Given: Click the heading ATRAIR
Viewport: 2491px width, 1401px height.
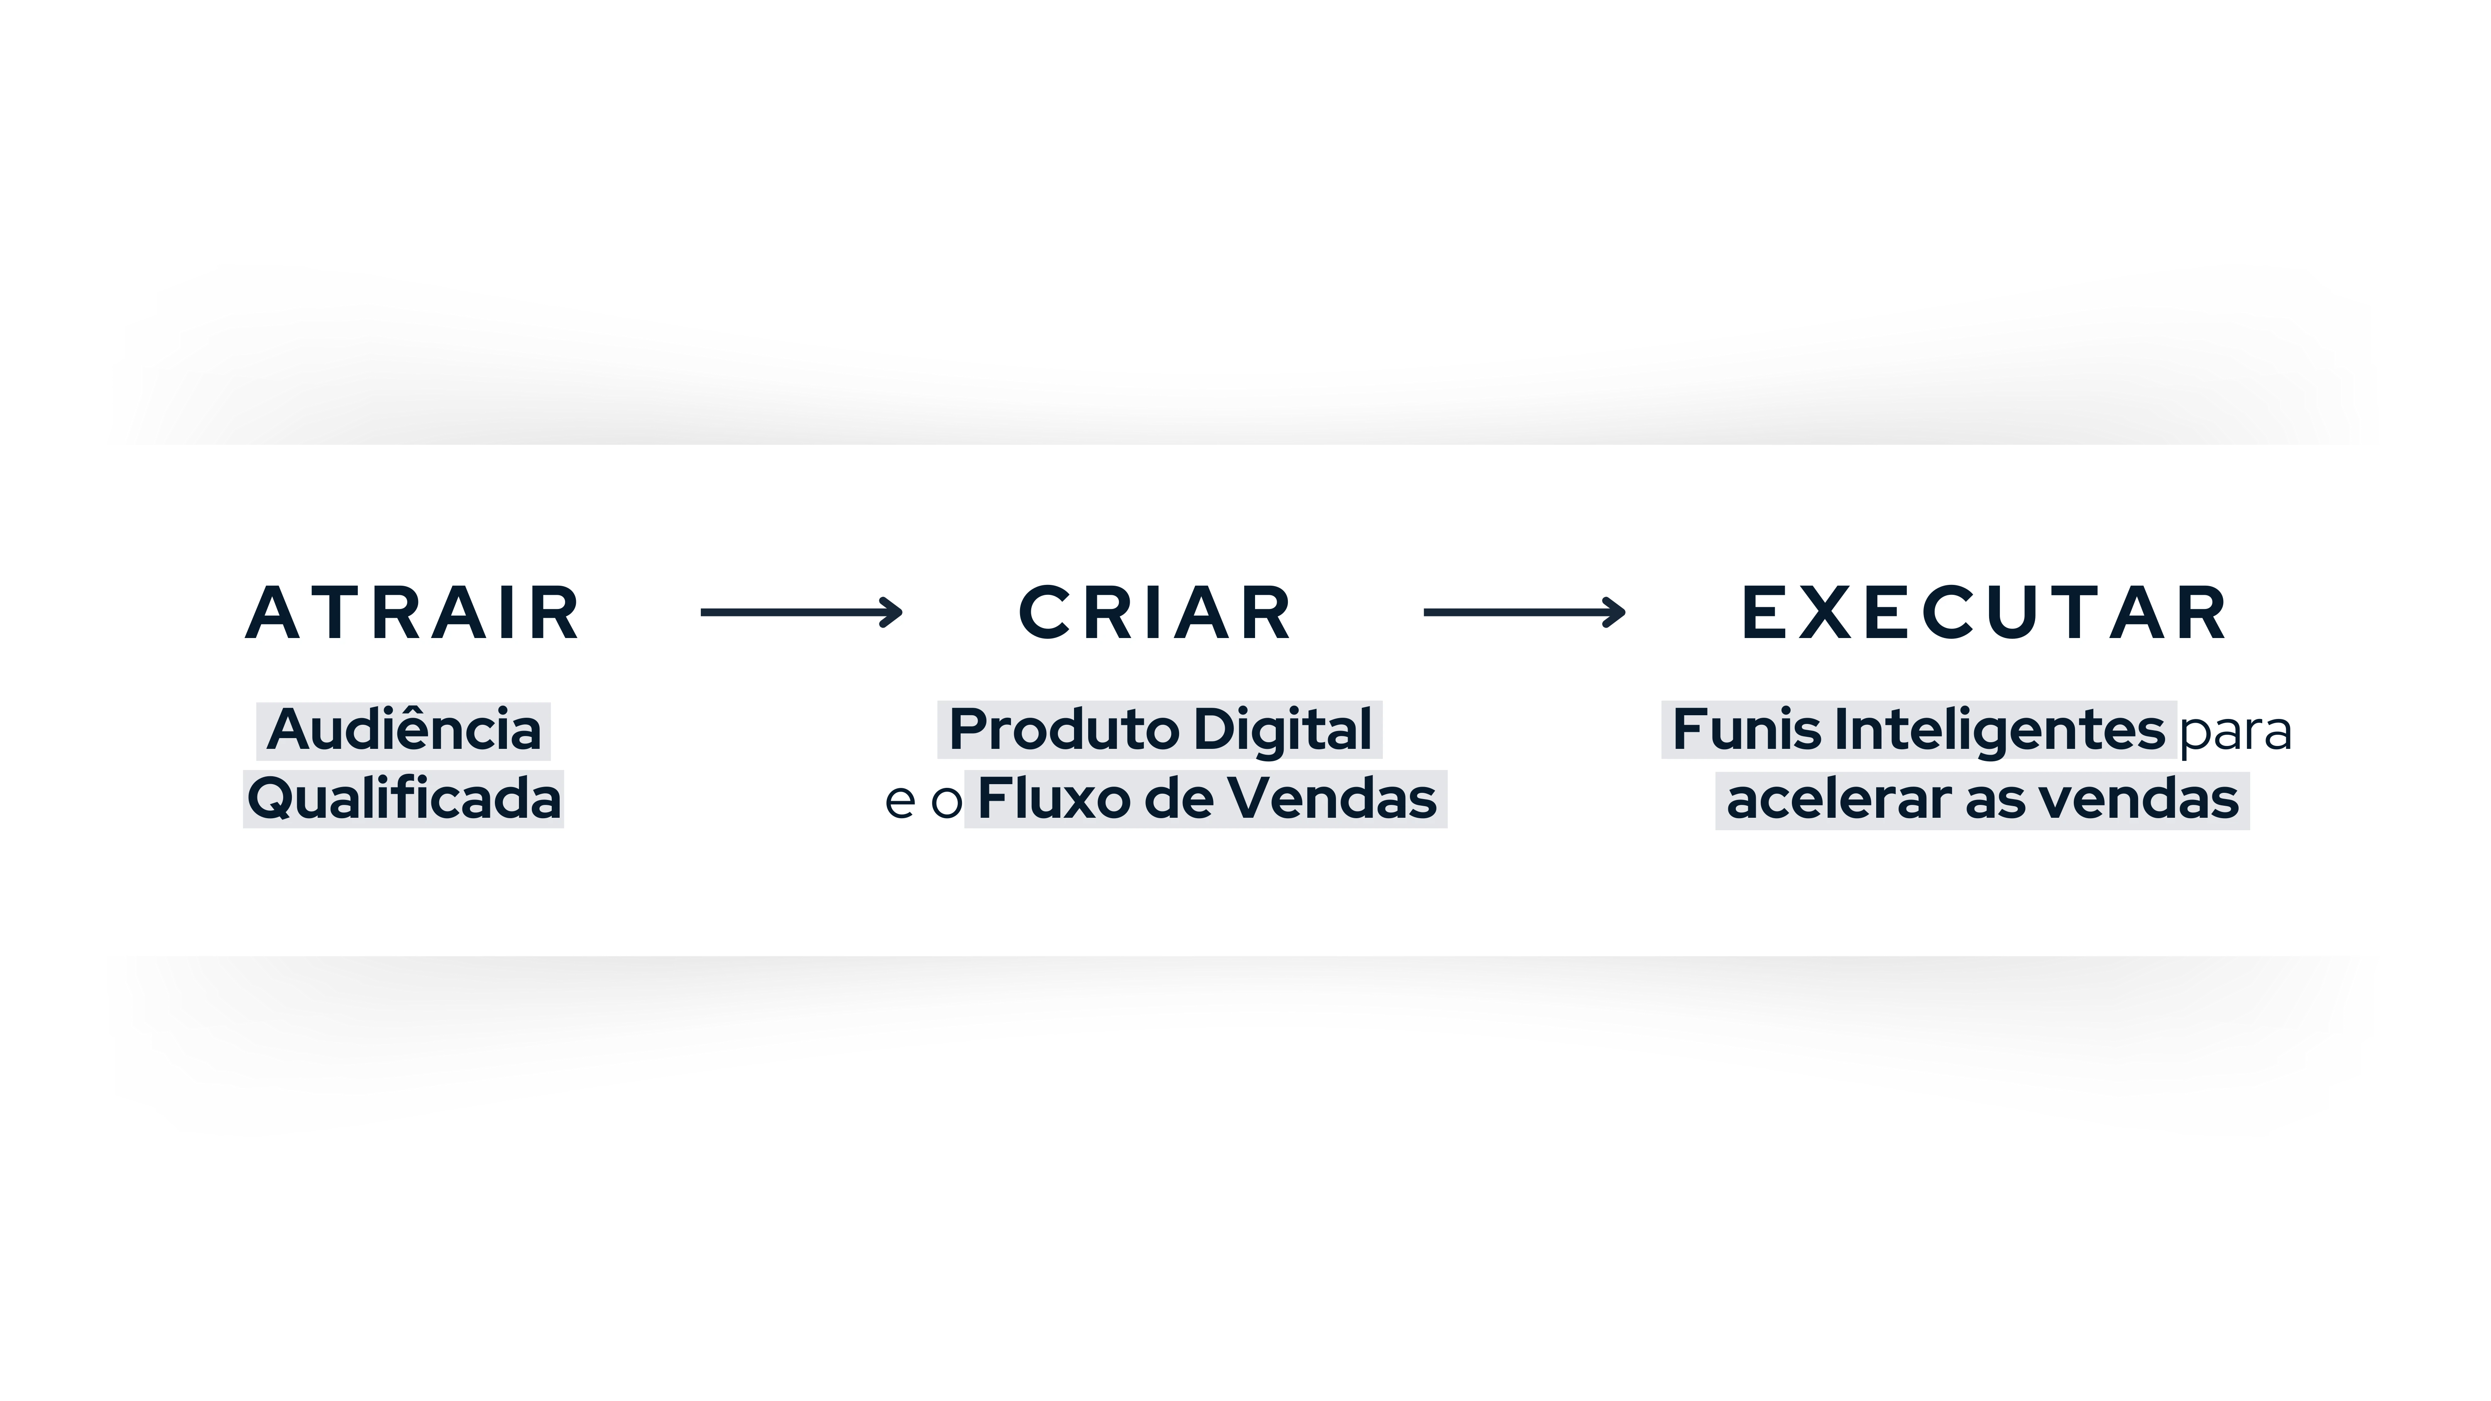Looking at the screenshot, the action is [413, 613].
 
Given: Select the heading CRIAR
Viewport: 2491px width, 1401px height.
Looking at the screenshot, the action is [1155, 613].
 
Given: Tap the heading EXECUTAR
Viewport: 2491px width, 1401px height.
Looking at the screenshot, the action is [1984, 613].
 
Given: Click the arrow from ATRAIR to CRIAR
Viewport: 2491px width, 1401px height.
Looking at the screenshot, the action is [802, 612].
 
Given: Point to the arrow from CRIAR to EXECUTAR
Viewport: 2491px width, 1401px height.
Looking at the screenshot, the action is [1525, 612].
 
